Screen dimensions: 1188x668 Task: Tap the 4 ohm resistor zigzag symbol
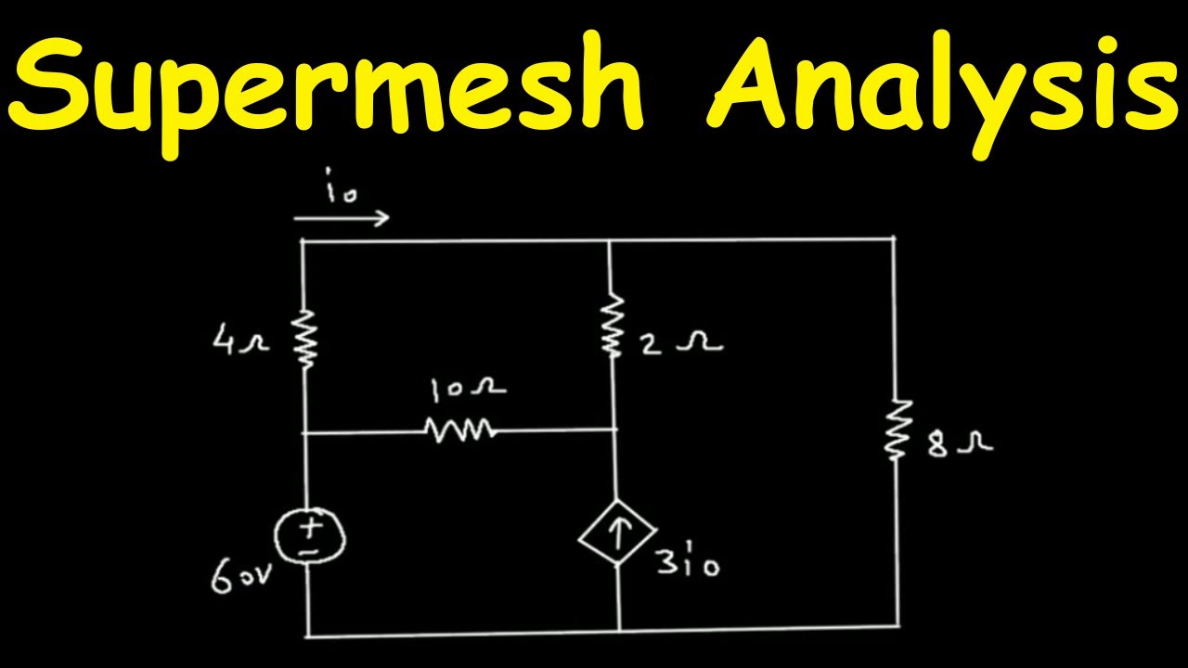(x=305, y=339)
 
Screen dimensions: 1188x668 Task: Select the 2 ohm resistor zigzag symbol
(x=612, y=324)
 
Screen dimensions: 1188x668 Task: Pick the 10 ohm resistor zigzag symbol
(x=460, y=430)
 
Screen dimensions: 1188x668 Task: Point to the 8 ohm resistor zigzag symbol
(x=897, y=429)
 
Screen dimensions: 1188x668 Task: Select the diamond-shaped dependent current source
(x=617, y=533)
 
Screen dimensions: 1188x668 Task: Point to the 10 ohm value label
(x=468, y=389)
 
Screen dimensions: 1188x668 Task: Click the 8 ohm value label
(x=960, y=444)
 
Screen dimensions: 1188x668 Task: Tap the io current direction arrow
(x=342, y=218)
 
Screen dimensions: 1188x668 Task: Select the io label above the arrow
(x=342, y=186)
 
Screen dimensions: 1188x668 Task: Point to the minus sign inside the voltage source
(x=309, y=551)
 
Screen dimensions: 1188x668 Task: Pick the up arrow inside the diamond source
(x=617, y=533)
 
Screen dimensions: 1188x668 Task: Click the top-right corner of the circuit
(x=894, y=239)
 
